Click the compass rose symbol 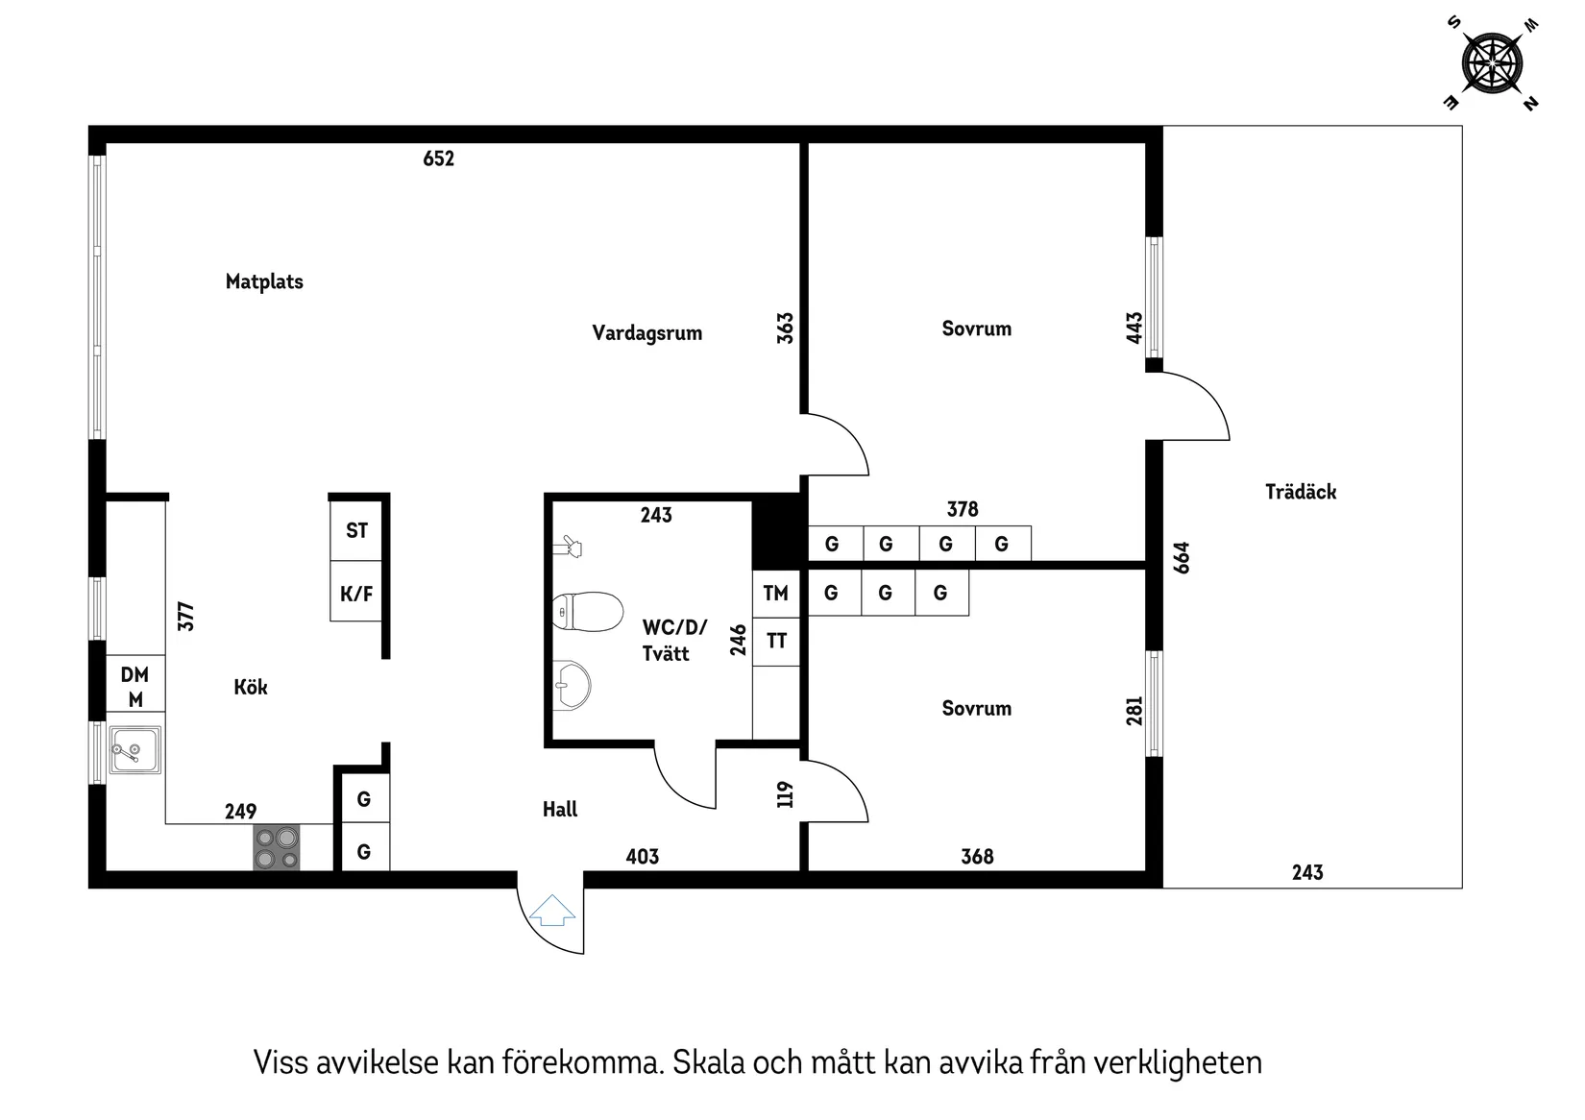[1492, 63]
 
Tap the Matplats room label [264, 281]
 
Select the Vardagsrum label [646, 333]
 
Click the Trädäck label [1301, 492]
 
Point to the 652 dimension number [438, 158]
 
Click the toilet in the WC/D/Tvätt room [588, 612]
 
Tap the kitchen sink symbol [135, 749]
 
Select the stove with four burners [277, 847]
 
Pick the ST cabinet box [356, 530]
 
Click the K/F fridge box [356, 594]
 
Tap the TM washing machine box [776, 594]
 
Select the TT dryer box [776, 641]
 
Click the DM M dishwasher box [135, 686]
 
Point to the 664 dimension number [1182, 558]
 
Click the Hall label [560, 810]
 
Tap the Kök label [251, 687]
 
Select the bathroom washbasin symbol [573, 685]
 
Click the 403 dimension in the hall [643, 856]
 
